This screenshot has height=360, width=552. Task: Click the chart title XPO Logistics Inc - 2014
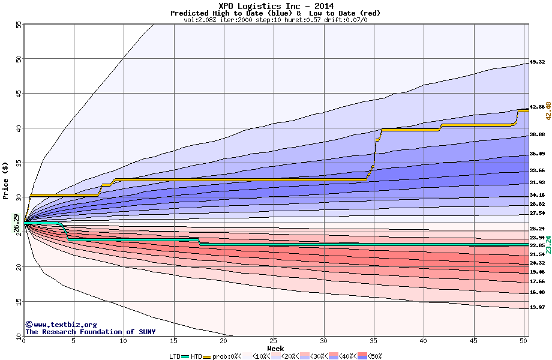(276, 5)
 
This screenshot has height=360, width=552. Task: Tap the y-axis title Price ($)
(6, 180)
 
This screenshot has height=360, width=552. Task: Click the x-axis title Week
(275, 349)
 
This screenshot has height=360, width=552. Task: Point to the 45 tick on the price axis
(18, 94)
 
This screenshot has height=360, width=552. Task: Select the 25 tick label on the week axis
(274, 341)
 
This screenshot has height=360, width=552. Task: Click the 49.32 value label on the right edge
(537, 62)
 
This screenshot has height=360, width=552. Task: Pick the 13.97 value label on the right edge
(537, 307)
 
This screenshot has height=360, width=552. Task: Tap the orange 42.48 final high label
(547, 110)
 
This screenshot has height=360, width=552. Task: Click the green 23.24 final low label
(547, 245)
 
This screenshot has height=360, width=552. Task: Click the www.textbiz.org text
(61, 324)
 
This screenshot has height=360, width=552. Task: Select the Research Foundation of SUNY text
(90, 332)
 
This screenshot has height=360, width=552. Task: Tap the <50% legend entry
(374, 356)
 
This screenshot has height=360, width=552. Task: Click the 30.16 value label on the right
(537, 195)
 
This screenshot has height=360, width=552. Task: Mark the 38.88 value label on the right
(537, 134)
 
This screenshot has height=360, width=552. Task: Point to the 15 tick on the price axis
(18, 301)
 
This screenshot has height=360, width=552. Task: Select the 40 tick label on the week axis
(424, 341)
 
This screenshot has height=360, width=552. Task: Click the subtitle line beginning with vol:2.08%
(275, 20)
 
